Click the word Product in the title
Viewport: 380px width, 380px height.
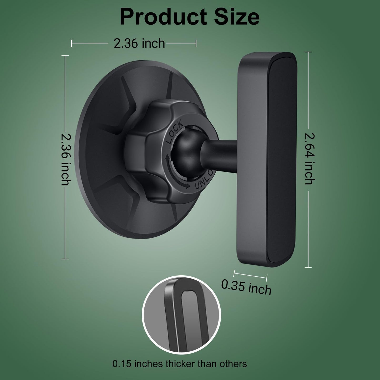click(163, 17)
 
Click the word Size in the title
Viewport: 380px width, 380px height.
click(237, 17)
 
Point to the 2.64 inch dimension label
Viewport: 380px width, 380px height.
click(310, 159)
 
